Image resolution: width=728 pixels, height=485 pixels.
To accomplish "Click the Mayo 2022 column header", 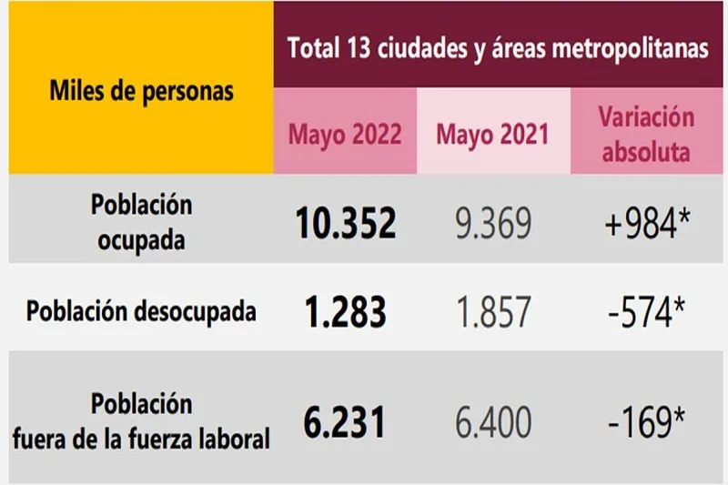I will point(345,134).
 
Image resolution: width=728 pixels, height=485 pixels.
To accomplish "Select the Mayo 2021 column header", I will point(492,134).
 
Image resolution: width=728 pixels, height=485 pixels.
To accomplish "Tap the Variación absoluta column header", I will point(646,134).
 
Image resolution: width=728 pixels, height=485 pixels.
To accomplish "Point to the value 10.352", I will point(345,220).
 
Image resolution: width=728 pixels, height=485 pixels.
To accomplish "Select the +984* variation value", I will point(647,221).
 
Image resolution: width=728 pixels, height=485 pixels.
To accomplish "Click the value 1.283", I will point(345,311).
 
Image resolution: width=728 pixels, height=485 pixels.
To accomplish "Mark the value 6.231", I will point(345,421).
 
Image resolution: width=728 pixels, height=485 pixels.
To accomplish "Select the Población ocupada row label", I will point(141,220).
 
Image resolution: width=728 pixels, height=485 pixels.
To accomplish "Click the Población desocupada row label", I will point(141,311).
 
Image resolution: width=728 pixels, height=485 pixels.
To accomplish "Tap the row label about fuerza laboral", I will point(141,421).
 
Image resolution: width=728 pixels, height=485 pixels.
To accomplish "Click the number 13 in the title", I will point(359,47).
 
